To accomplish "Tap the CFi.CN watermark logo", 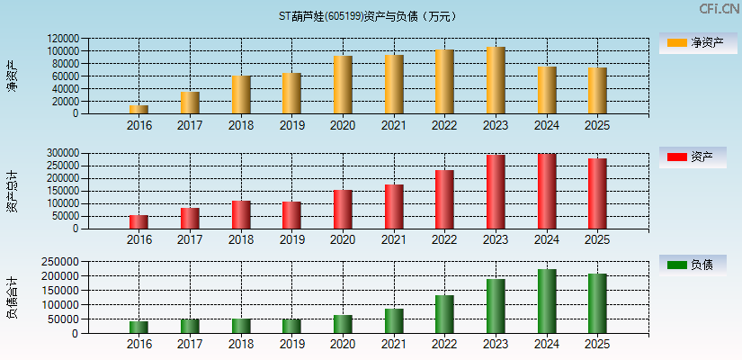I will pyautogui.click(x=718, y=9).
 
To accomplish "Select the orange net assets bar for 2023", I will pyautogui.click(x=496, y=80).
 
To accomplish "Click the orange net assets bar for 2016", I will pyautogui.click(x=139, y=109).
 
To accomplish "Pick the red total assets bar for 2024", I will pyautogui.click(x=546, y=191).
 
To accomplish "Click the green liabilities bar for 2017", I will pyautogui.click(x=190, y=326).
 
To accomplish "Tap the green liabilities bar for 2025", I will pyautogui.click(x=597, y=303).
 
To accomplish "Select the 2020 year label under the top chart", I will pyautogui.click(x=343, y=126).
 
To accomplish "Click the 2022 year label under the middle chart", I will pyautogui.click(x=444, y=240).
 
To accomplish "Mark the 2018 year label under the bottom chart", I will pyautogui.click(x=240, y=345).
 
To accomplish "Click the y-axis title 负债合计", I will pyautogui.click(x=12, y=298).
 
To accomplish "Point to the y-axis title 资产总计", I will pyautogui.click(x=12, y=190).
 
